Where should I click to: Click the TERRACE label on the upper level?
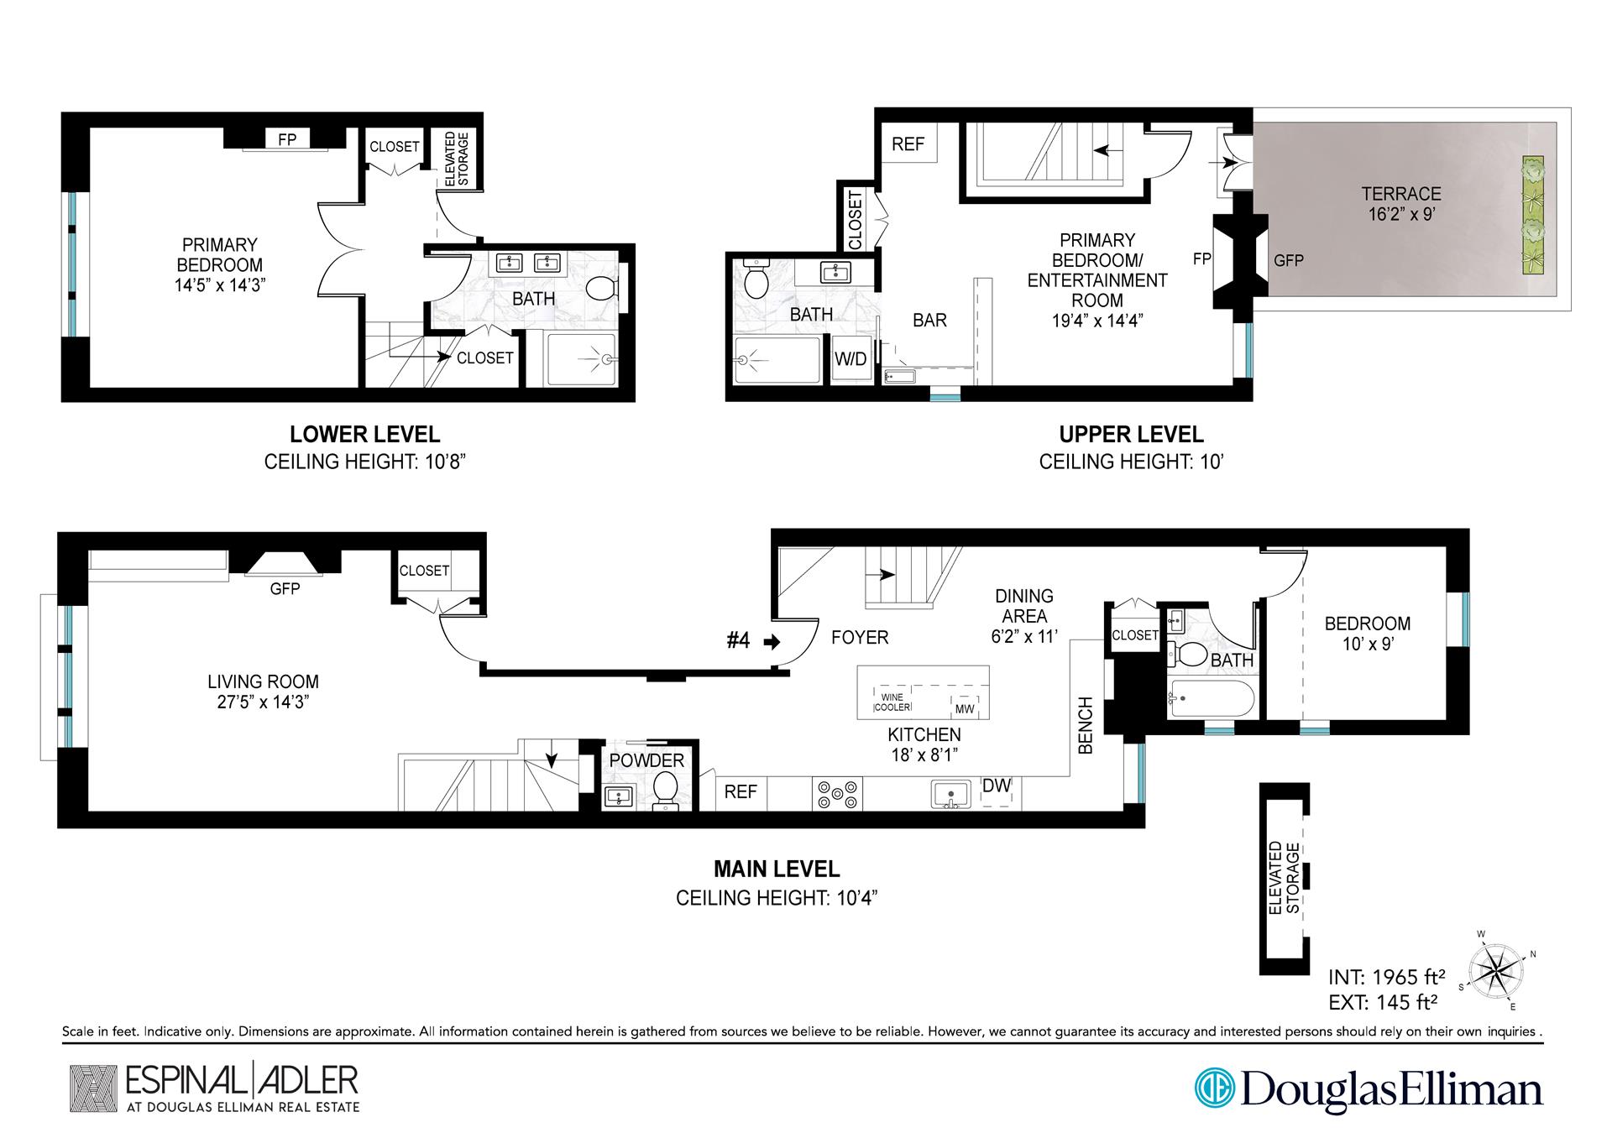pyautogui.click(x=1400, y=194)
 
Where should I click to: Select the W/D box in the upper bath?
pyautogui.click(x=850, y=360)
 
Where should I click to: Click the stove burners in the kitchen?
pyautogui.click(x=837, y=794)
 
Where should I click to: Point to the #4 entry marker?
pyautogui.click(x=738, y=641)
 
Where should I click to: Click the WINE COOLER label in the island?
pyautogui.click(x=892, y=702)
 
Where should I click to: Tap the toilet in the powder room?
pyautogui.click(x=666, y=788)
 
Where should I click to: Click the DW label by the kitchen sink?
pyautogui.click(x=997, y=786)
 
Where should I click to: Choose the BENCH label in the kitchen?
pyautogui.click(x=1085, y=725)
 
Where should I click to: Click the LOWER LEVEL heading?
pyautogui.click(x=364, y=435)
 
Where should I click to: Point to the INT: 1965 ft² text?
pyautogui.click(x=1386, y=977)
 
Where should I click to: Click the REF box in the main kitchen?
pyautogui.click(x=741, y=792)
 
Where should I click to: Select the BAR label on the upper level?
pyautogui.click(x=929, y=320)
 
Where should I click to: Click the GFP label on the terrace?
pyautogui.click(x=1288, y=261)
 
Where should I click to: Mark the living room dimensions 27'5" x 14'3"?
pyautogui.click(x=263, y=702)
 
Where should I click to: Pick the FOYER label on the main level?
pyautogui.click(x=860, y=638)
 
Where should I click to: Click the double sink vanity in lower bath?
pyautogui.click(x=529, y=264)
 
